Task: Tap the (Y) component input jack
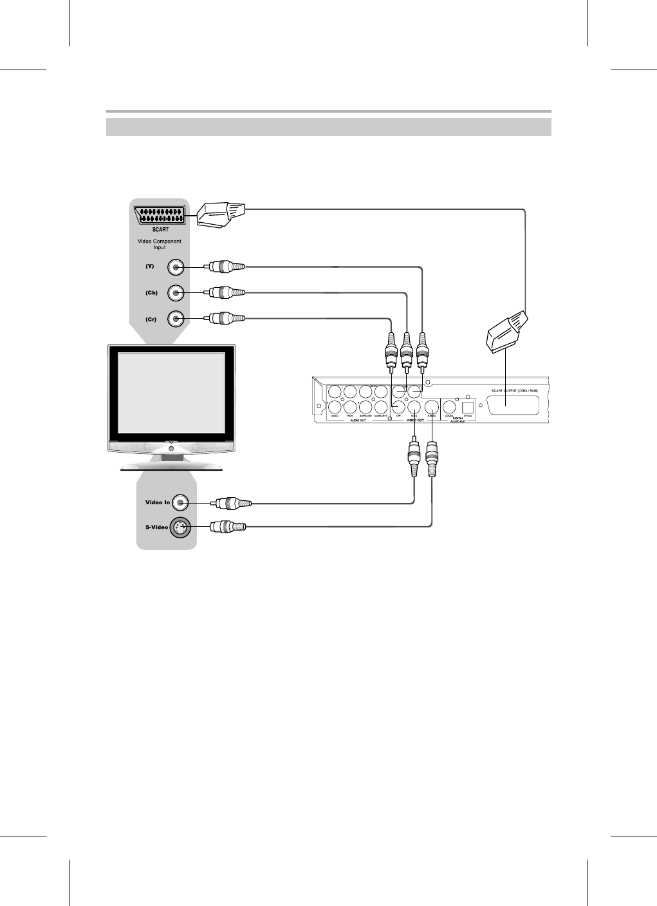tap(176, 267)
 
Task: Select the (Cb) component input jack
tap(176, 293)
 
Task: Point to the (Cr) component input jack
tap(176, 319)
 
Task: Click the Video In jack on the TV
tap(182, 502)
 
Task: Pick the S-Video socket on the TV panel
tap(181, 527)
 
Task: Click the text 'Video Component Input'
tap(160, 245)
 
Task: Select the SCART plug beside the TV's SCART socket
tap(220, 214)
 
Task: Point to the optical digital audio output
tap(468, 407)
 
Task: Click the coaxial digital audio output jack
tap(450, 407)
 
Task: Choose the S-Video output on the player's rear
tap(431, 407)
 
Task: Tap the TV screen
tap(171, 392)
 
